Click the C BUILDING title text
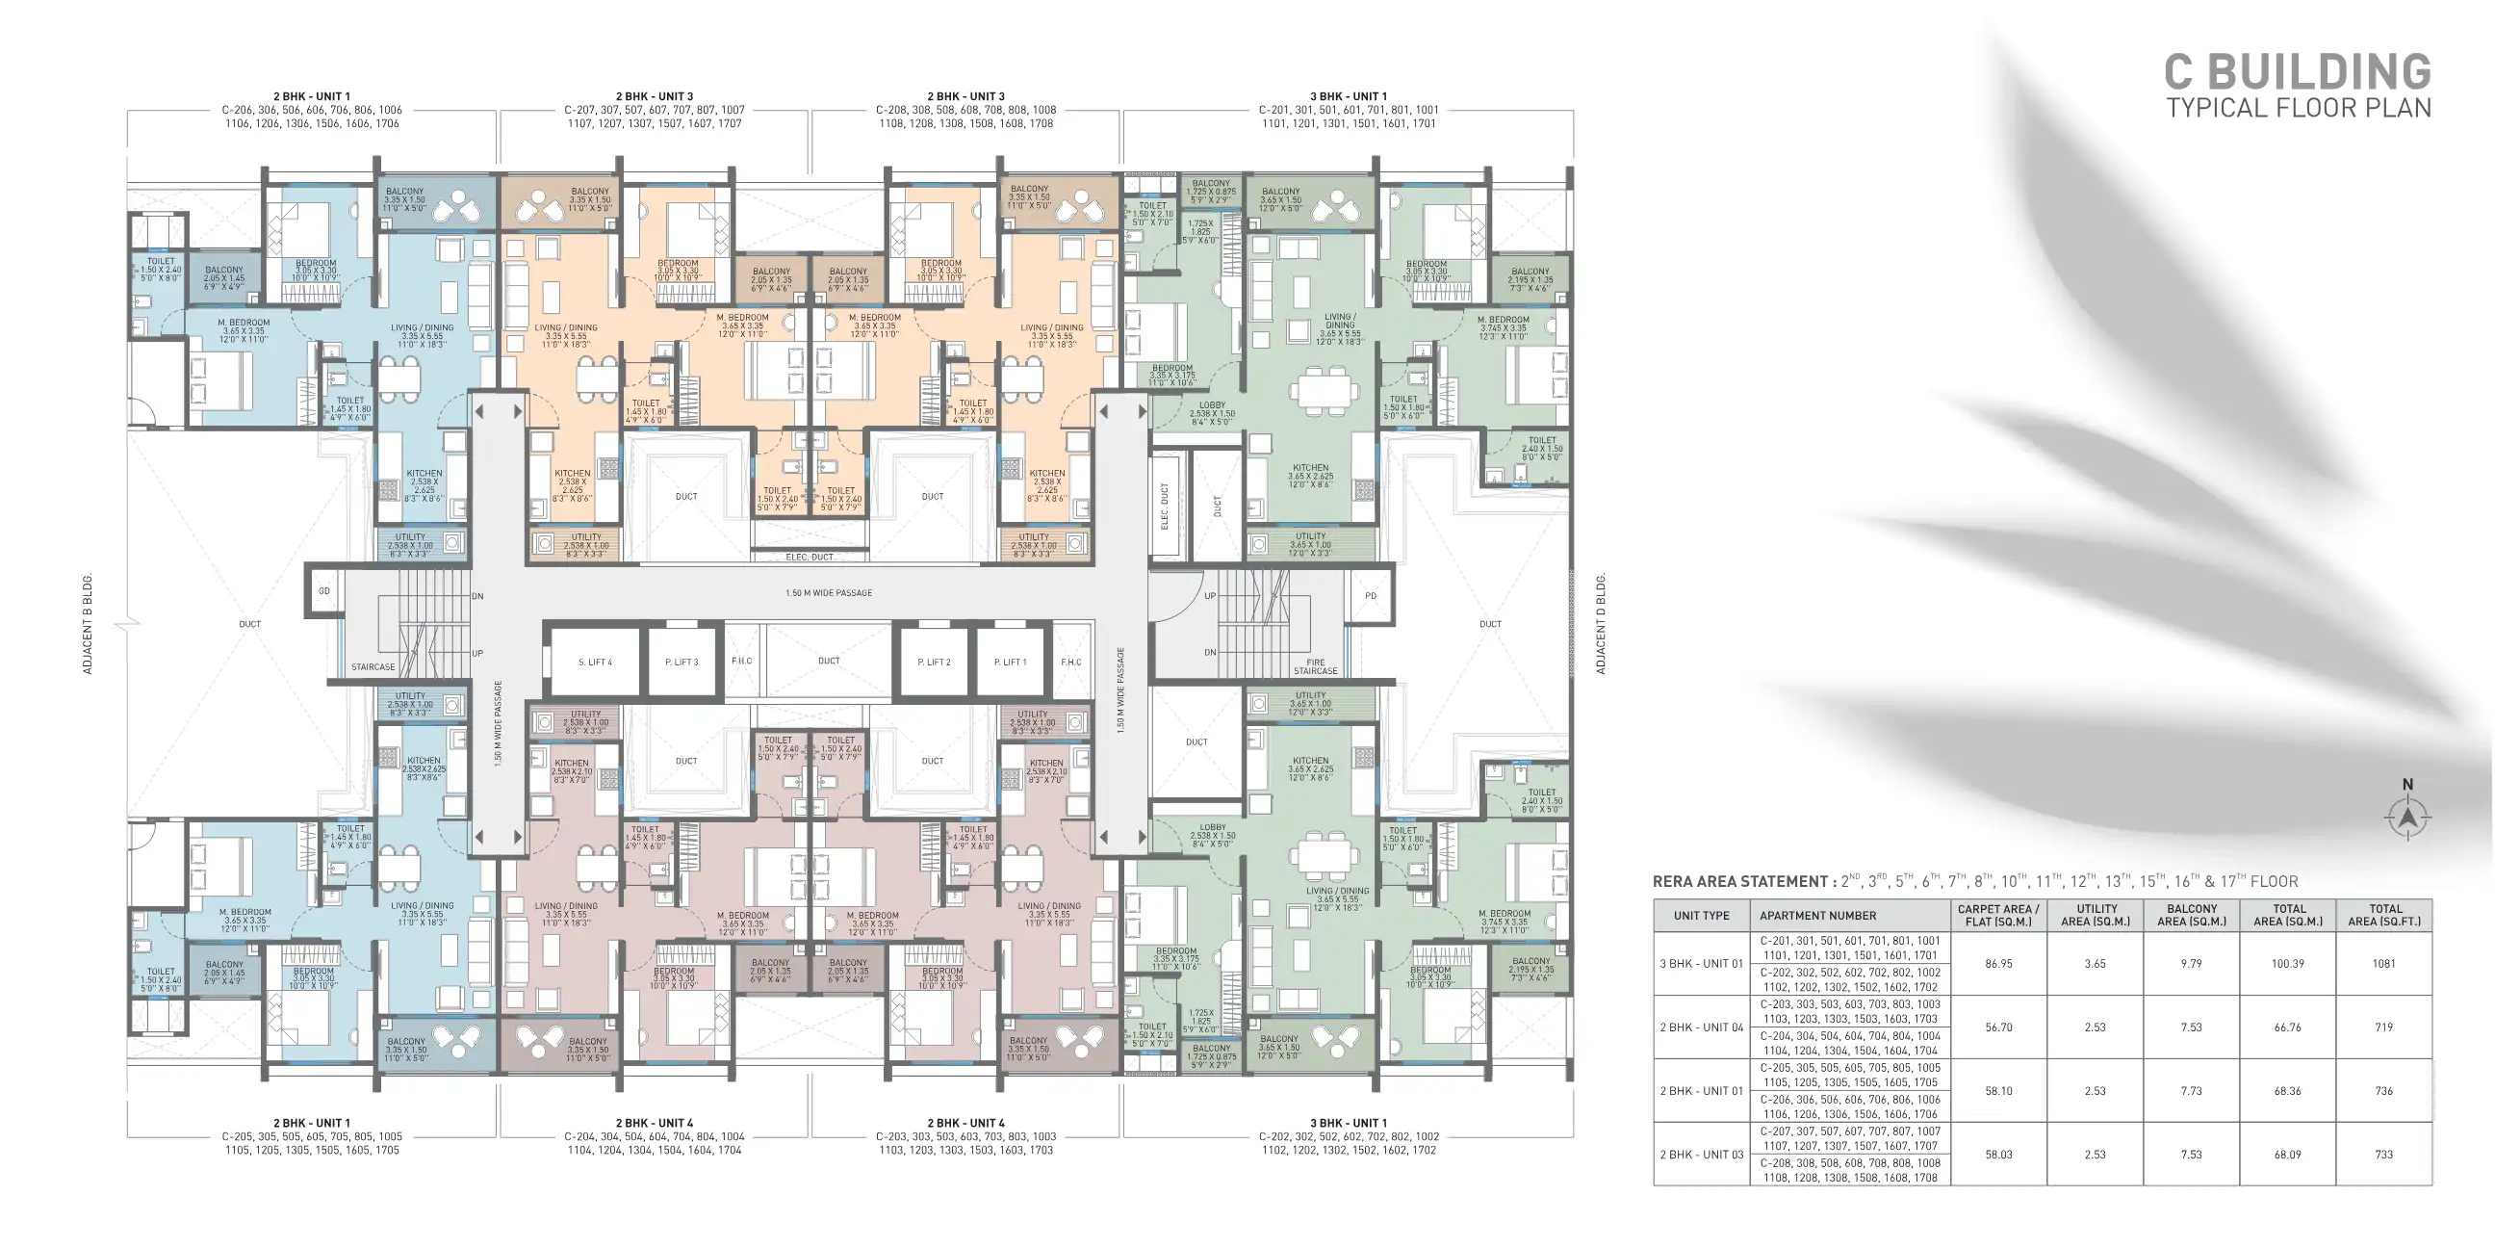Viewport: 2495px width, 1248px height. [x=2298, y=72]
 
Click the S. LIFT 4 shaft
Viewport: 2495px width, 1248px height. [x=595, y=662]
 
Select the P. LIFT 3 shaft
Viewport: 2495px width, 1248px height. [x=681, y=662]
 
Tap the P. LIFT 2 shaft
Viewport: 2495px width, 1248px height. [x=934, y=662]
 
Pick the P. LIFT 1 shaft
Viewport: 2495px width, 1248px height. [x=1009, y=662]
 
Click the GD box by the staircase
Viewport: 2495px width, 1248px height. [x=324, y=590]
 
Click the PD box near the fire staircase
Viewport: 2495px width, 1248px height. [x=1370, y=595]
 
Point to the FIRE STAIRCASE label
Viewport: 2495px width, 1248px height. [x=1314, y=666]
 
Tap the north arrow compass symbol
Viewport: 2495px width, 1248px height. [x=2406, y=817]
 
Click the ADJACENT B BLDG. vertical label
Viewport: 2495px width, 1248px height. [x=88, y=624]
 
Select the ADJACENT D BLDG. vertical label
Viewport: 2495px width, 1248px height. [x=1600, y=624]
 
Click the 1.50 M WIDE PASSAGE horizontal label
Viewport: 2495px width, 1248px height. [x=828, y=593]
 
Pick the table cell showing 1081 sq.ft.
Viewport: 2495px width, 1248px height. [x=2382, y=963]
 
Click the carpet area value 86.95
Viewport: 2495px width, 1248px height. [x=1998, y=963]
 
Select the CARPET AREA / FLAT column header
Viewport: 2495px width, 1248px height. [x=1998, y=915]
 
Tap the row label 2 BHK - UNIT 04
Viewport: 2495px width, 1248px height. [x=1701, y=1027]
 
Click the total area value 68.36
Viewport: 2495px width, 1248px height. [x=2287, y=1091]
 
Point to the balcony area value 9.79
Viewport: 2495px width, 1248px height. [x=2191, y=963]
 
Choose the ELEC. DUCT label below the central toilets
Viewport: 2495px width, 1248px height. [x=809, y=558]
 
